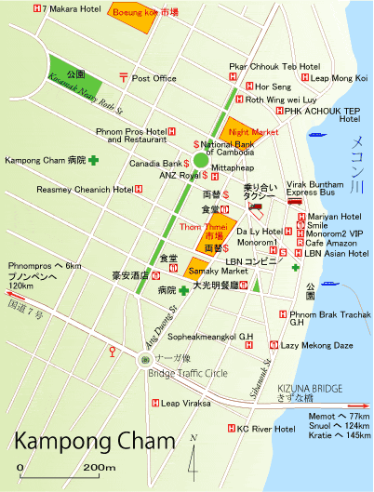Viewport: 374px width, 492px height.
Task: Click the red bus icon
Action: point(295,201)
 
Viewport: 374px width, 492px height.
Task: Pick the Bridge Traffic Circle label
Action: point(186,374)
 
